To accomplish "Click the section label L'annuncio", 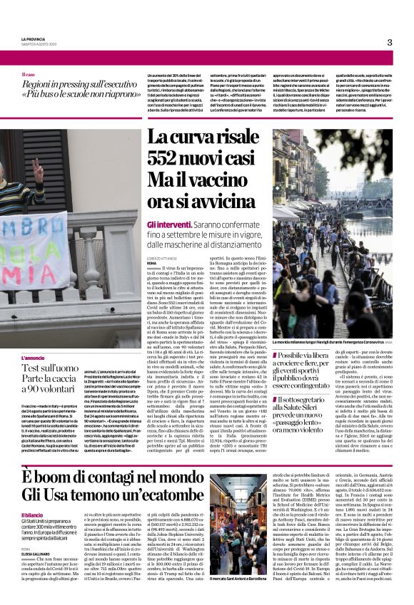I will (x=34, y=358).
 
